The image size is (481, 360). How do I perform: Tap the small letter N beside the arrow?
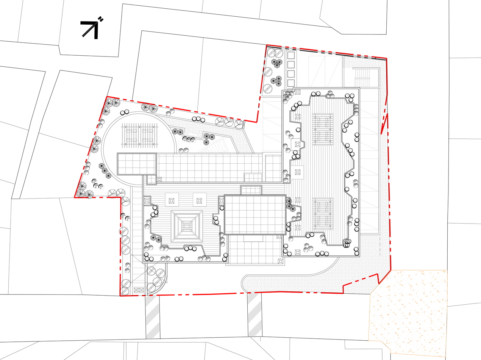[101, 19]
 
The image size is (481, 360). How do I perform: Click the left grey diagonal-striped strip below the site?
[153, 316]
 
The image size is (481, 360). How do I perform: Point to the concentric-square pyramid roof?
[187, 225]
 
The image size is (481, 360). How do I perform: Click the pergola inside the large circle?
[140, 135]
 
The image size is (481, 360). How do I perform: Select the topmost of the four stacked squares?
[291, 55]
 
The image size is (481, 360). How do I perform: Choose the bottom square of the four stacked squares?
[291, 83]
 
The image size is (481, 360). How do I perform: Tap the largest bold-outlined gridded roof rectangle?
[255, 215]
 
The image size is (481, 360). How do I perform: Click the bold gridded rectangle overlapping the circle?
[137, 164]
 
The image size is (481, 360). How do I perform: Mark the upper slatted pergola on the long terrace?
[323, 129]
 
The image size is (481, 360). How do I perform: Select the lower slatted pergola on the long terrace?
[323, 214]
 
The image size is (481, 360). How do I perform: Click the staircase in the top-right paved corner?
[362, 77]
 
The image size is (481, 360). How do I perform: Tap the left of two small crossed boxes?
[136, 290]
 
